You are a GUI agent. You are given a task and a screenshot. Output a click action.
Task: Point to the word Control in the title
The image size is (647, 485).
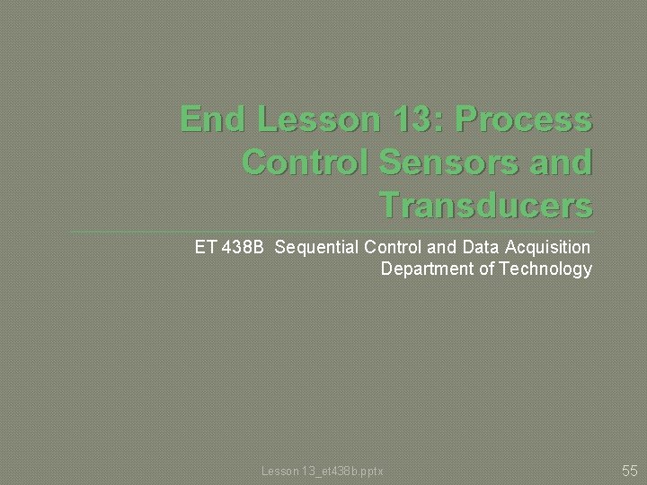coord(300,163)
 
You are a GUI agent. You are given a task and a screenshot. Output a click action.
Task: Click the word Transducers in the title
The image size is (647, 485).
coord(486,206)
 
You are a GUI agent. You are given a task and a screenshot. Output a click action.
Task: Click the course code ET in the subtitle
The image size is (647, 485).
coord(205,246)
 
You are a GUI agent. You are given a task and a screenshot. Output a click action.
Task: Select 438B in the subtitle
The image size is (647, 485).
coord(242,246)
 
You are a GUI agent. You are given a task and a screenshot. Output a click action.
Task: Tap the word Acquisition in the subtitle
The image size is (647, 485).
coord(548,247)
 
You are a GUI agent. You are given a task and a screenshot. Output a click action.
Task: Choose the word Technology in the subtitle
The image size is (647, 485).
coord(545,269)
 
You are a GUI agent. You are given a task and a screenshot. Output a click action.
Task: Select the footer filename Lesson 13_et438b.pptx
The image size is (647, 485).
coord(322,471)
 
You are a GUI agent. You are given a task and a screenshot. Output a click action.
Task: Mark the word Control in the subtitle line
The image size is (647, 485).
coord(391,246)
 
